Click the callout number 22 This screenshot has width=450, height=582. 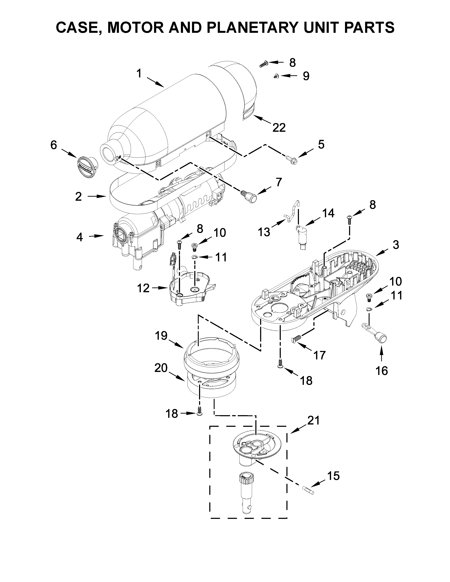coord(279,128)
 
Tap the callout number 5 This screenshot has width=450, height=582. coord(321,144)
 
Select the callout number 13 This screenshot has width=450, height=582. coord(264,232)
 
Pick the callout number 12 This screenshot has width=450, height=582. coord(143,288)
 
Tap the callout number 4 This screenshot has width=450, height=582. coord(79,237)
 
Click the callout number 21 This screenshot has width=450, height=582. coord(313,421)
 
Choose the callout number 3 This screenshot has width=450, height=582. coord(396,245)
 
